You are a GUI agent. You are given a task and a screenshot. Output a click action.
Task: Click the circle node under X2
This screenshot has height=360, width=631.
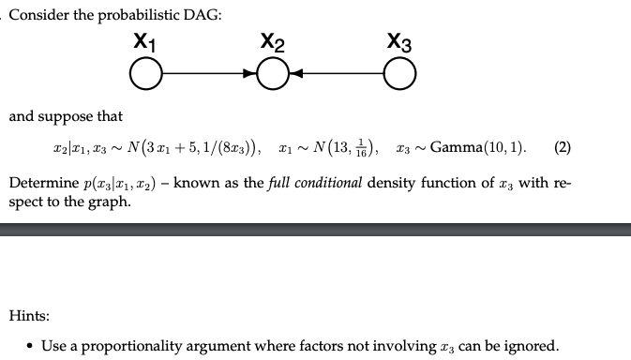point(273,72)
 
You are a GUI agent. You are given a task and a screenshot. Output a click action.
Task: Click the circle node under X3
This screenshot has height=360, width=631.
point(398,72)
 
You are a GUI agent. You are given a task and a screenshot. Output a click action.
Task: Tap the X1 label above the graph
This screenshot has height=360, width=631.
point(145,41)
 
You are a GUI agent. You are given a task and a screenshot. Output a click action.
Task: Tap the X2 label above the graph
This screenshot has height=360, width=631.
point(273,41)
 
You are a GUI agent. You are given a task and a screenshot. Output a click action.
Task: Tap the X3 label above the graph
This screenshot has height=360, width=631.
point(398,41)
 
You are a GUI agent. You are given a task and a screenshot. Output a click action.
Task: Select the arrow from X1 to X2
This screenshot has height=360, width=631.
point(209,72)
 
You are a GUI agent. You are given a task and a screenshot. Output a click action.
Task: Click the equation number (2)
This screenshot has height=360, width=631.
point(563,147)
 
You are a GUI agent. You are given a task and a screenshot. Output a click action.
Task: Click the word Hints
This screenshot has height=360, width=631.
point(29,318)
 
